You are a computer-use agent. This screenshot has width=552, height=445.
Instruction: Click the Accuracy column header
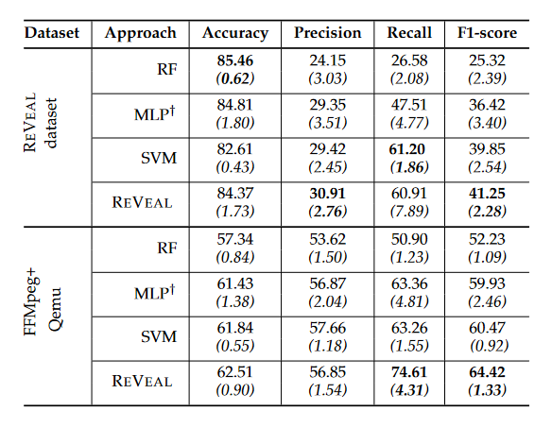[x=235, y=33]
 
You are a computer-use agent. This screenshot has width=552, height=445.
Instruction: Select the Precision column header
[x=327, y=33]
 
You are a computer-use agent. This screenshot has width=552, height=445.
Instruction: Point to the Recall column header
[x=409, y=33]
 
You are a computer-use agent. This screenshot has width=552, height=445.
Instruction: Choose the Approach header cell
[x=141, y=33]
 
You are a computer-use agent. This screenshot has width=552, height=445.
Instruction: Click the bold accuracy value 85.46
[x=235, y=60]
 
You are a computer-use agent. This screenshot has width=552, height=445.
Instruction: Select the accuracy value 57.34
[x=235, y=240]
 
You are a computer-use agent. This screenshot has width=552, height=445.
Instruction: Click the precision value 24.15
[x=327, y=60]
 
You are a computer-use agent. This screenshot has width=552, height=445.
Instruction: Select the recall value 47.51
[x=409, y=106]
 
